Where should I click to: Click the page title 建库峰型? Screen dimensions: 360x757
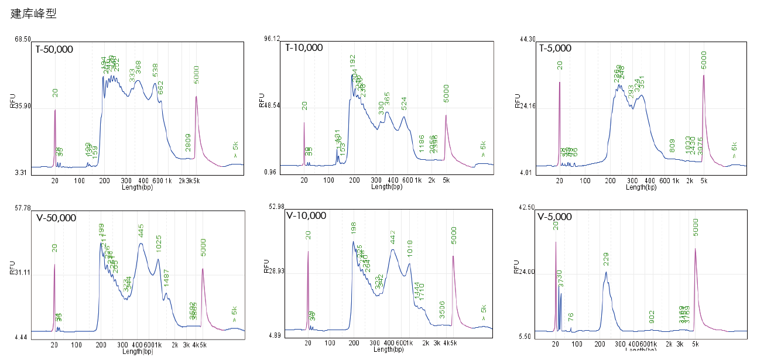(x=33, y=14)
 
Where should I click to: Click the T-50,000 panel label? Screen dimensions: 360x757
(x=54, y=49)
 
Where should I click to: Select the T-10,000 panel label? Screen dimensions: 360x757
(x=304, y=48)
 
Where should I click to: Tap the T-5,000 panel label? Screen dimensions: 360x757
(x=555, y=49)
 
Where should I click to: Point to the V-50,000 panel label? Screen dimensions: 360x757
(x=56, y=218)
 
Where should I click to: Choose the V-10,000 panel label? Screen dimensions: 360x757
(x=306, y=215)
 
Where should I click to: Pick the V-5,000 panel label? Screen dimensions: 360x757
(x=554, y=217)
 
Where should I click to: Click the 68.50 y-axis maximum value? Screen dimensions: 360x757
(x=23, y=39)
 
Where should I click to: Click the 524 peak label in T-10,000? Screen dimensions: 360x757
(x=404, y=104)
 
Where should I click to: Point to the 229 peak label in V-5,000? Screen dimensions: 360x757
(x=606, y=258)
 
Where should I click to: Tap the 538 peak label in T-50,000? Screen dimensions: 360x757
(x=155, y=70)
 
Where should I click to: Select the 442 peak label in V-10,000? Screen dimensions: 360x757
(x=393, y=236)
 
